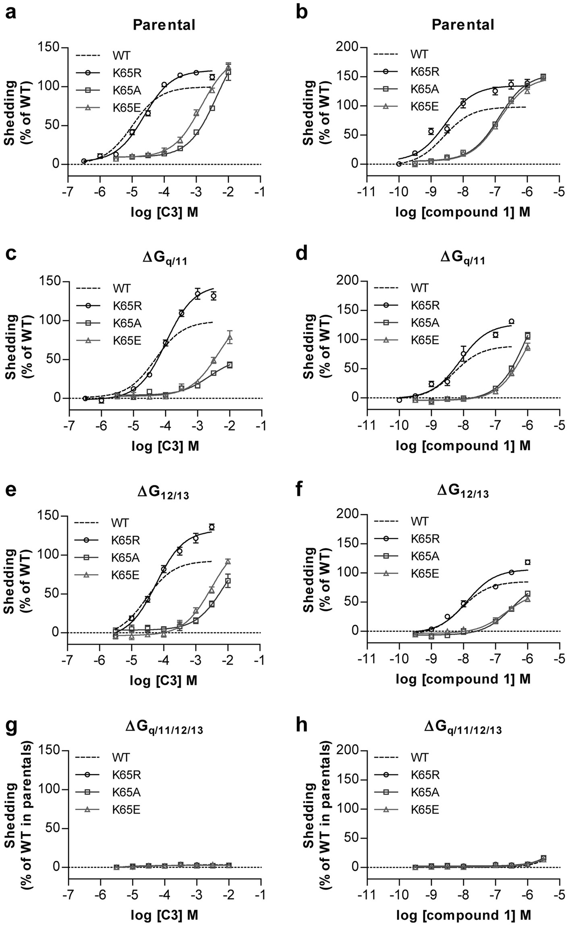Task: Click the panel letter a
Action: pos(11,13)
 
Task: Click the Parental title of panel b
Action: pos(462,25)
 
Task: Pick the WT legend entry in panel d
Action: pos(419,288)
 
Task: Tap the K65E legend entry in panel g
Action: pos(126,809)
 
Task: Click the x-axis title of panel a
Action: pos(164,212)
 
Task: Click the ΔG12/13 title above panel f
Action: pos(463,492)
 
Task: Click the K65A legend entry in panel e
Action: pos(125,558)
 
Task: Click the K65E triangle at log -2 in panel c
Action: pos(230,337)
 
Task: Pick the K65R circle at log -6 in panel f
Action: pos(527,562)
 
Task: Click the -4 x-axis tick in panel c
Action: pos(166,426)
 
